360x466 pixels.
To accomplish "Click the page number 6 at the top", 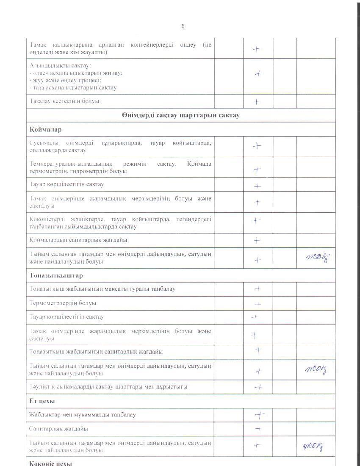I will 183,26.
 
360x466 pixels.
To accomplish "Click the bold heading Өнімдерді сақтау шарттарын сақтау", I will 181,115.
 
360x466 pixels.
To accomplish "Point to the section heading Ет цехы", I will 42,401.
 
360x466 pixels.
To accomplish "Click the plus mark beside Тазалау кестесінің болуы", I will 257,102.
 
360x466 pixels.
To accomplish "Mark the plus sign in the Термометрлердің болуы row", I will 257,304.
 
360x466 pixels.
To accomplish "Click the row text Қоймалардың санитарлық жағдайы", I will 79,240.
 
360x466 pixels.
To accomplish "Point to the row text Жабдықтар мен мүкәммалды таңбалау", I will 83,415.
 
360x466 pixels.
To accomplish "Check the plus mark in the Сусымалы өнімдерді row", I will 257,146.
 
